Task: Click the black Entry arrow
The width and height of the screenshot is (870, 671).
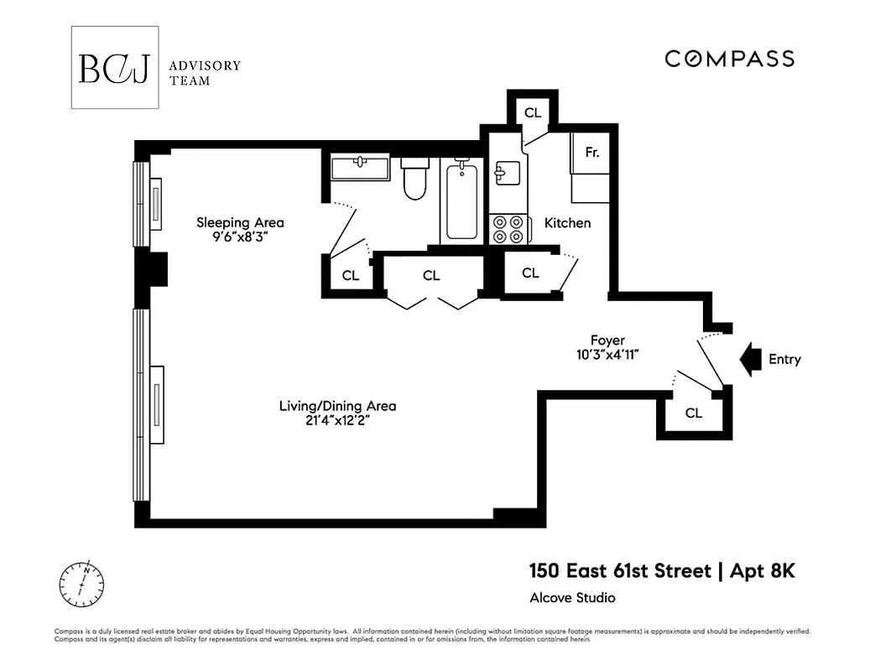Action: coord(749,359)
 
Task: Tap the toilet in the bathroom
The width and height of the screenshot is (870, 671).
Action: coord(414,179)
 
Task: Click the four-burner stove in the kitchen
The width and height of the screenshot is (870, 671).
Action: coord(510,229)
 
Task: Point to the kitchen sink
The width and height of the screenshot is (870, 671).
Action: coord(508,174)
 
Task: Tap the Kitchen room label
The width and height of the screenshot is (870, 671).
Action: coord(567,223)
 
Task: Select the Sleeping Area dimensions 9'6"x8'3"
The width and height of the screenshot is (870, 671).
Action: coord(239,237)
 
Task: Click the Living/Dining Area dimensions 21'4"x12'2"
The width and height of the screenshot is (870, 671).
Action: coord(337,420)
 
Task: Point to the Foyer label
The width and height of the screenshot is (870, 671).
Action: coord(607,341)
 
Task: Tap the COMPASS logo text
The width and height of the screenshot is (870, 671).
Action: coord(729,59)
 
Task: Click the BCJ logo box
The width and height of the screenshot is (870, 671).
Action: coord(114,68)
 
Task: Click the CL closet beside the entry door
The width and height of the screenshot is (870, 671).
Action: coord(693,413)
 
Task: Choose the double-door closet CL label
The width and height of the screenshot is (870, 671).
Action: coord(431,275)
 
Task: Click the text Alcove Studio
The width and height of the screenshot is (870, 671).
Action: coord(572,598)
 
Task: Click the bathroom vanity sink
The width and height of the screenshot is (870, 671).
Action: coord(360,167)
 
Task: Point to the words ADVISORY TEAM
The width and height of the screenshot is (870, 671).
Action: coord(205,73)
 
